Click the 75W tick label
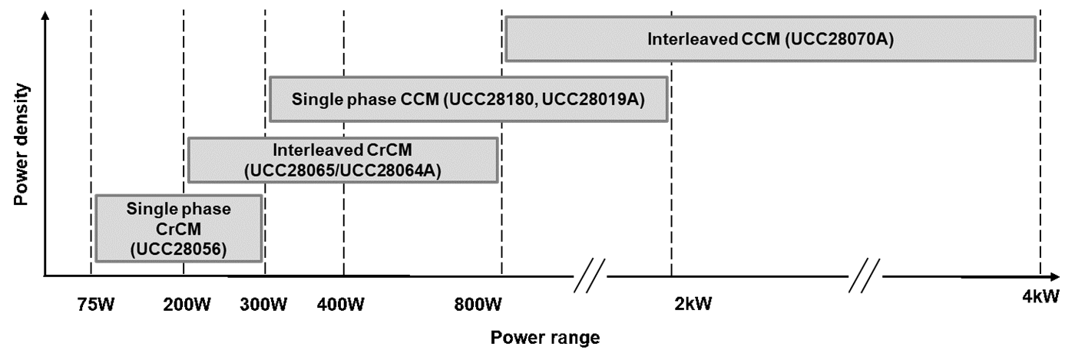click(96, 304)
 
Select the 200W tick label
click(186, 304)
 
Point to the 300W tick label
click(264, 304)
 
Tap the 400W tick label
click(341, 304)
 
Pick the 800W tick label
click(478, 304)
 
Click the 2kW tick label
click(693, 304)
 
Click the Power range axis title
click(544, 337)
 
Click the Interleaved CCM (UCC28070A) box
click(770, 38)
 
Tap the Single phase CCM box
click(468, 98)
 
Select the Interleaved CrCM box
click(342, 160)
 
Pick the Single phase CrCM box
click(178, 228)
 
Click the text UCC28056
click(178, 248)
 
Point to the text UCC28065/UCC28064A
click(342, 170)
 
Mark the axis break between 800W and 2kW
click(591, 275)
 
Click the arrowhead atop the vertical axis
click(46, 17)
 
